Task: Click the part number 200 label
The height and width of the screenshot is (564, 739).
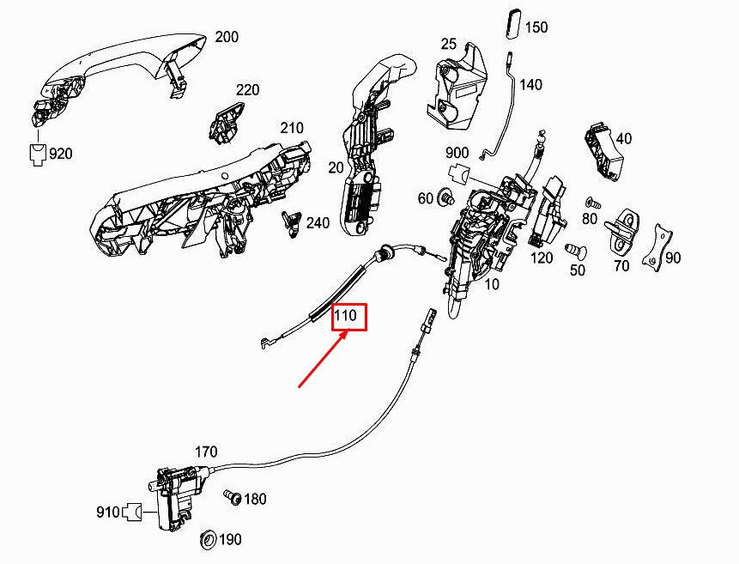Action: pos(227,37)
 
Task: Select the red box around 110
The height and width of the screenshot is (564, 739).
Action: pos(349,317)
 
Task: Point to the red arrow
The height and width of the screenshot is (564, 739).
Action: pos(324,359)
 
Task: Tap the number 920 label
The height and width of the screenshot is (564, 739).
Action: pos(61,154)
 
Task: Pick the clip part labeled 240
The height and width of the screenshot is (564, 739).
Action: pos(292,223)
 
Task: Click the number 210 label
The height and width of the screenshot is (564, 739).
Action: pos(292,128)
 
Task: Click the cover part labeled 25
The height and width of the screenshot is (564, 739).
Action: pos(455,88)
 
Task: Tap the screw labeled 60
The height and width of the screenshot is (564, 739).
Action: pos(445,197)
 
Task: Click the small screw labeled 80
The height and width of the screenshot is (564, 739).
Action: pos(593,203)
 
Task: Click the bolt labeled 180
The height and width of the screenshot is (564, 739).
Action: pos(233,497)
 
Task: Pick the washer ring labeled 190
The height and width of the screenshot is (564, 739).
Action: pos(208,539)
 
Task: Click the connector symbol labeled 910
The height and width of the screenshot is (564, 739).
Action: pos(132,512)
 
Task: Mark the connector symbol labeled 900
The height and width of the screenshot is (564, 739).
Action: pos(458,173)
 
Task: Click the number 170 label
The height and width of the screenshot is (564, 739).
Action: pos(206,452)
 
